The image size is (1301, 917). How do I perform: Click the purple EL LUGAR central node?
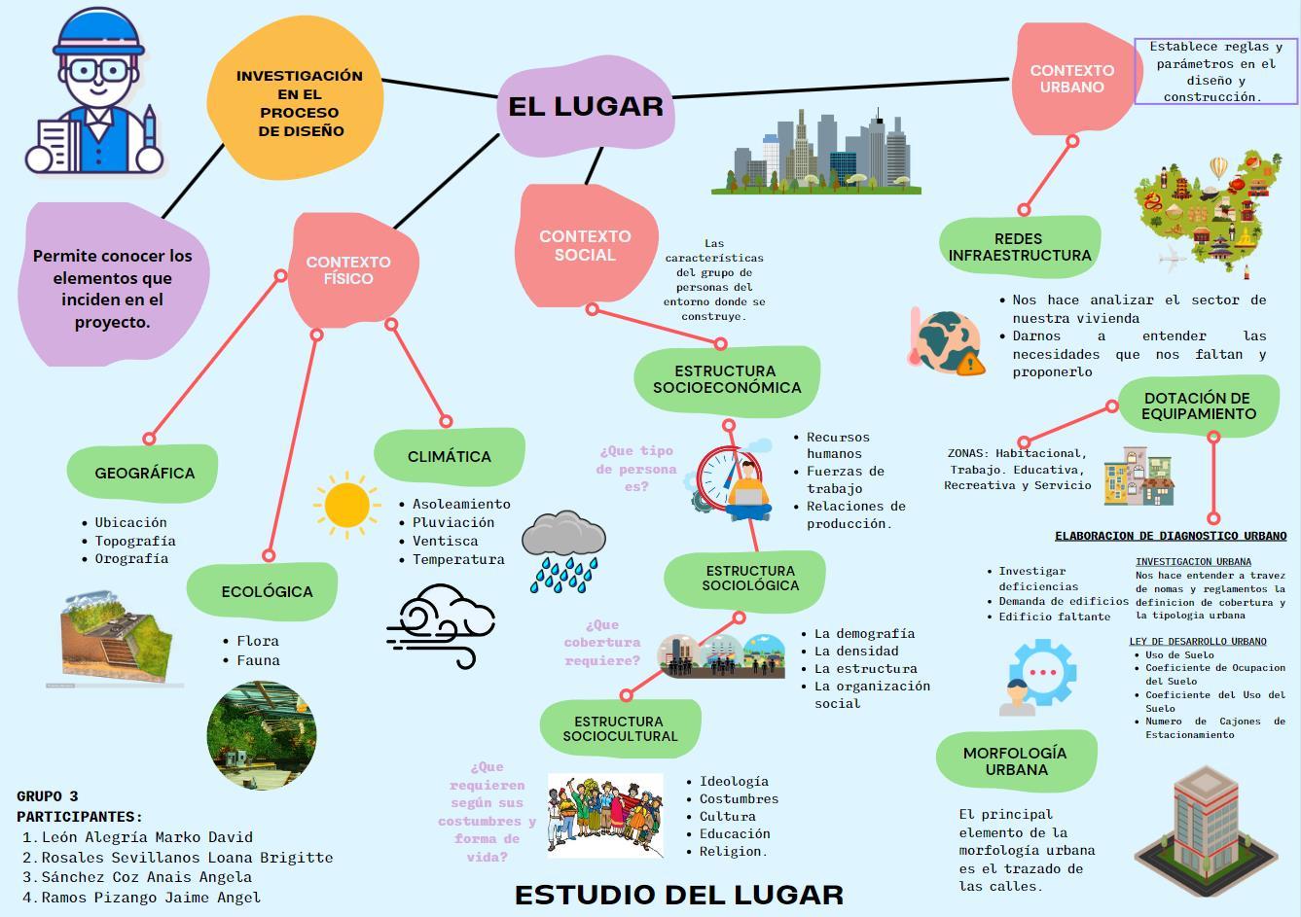[585, 106]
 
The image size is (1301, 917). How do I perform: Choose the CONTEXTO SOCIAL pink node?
[585, 246]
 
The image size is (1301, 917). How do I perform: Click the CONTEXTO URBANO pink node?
[1071, 79]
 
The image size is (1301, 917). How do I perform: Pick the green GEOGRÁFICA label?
[144, 474]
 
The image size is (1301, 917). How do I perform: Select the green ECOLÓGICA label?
[266, 591]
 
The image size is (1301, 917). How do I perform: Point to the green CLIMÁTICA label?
[449, 456]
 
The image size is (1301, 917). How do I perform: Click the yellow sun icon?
[347, 505]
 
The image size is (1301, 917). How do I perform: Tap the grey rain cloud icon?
[563, 550]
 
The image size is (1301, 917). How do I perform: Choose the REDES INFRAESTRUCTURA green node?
[1019, 247]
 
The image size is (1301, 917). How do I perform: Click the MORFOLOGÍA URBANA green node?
[1015, 761]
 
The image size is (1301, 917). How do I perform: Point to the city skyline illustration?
[817, 151]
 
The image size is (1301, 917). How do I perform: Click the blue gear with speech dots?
[1042, 672]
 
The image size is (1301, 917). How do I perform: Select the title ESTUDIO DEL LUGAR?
[678, 895]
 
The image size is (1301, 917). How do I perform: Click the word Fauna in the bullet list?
[258, 660]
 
